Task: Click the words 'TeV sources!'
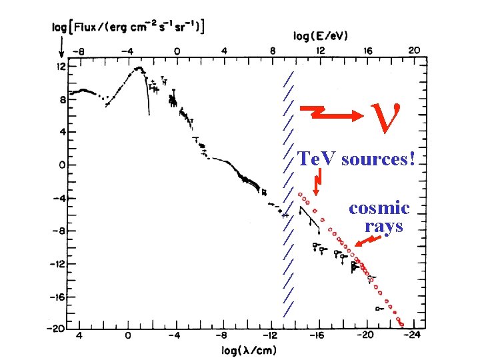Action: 357,159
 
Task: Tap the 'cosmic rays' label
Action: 379,217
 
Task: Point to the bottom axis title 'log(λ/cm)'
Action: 249,350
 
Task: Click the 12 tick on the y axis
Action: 61,67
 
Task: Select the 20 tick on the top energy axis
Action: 414,50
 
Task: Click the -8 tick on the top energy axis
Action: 80,50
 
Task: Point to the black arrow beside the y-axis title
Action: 61,46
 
